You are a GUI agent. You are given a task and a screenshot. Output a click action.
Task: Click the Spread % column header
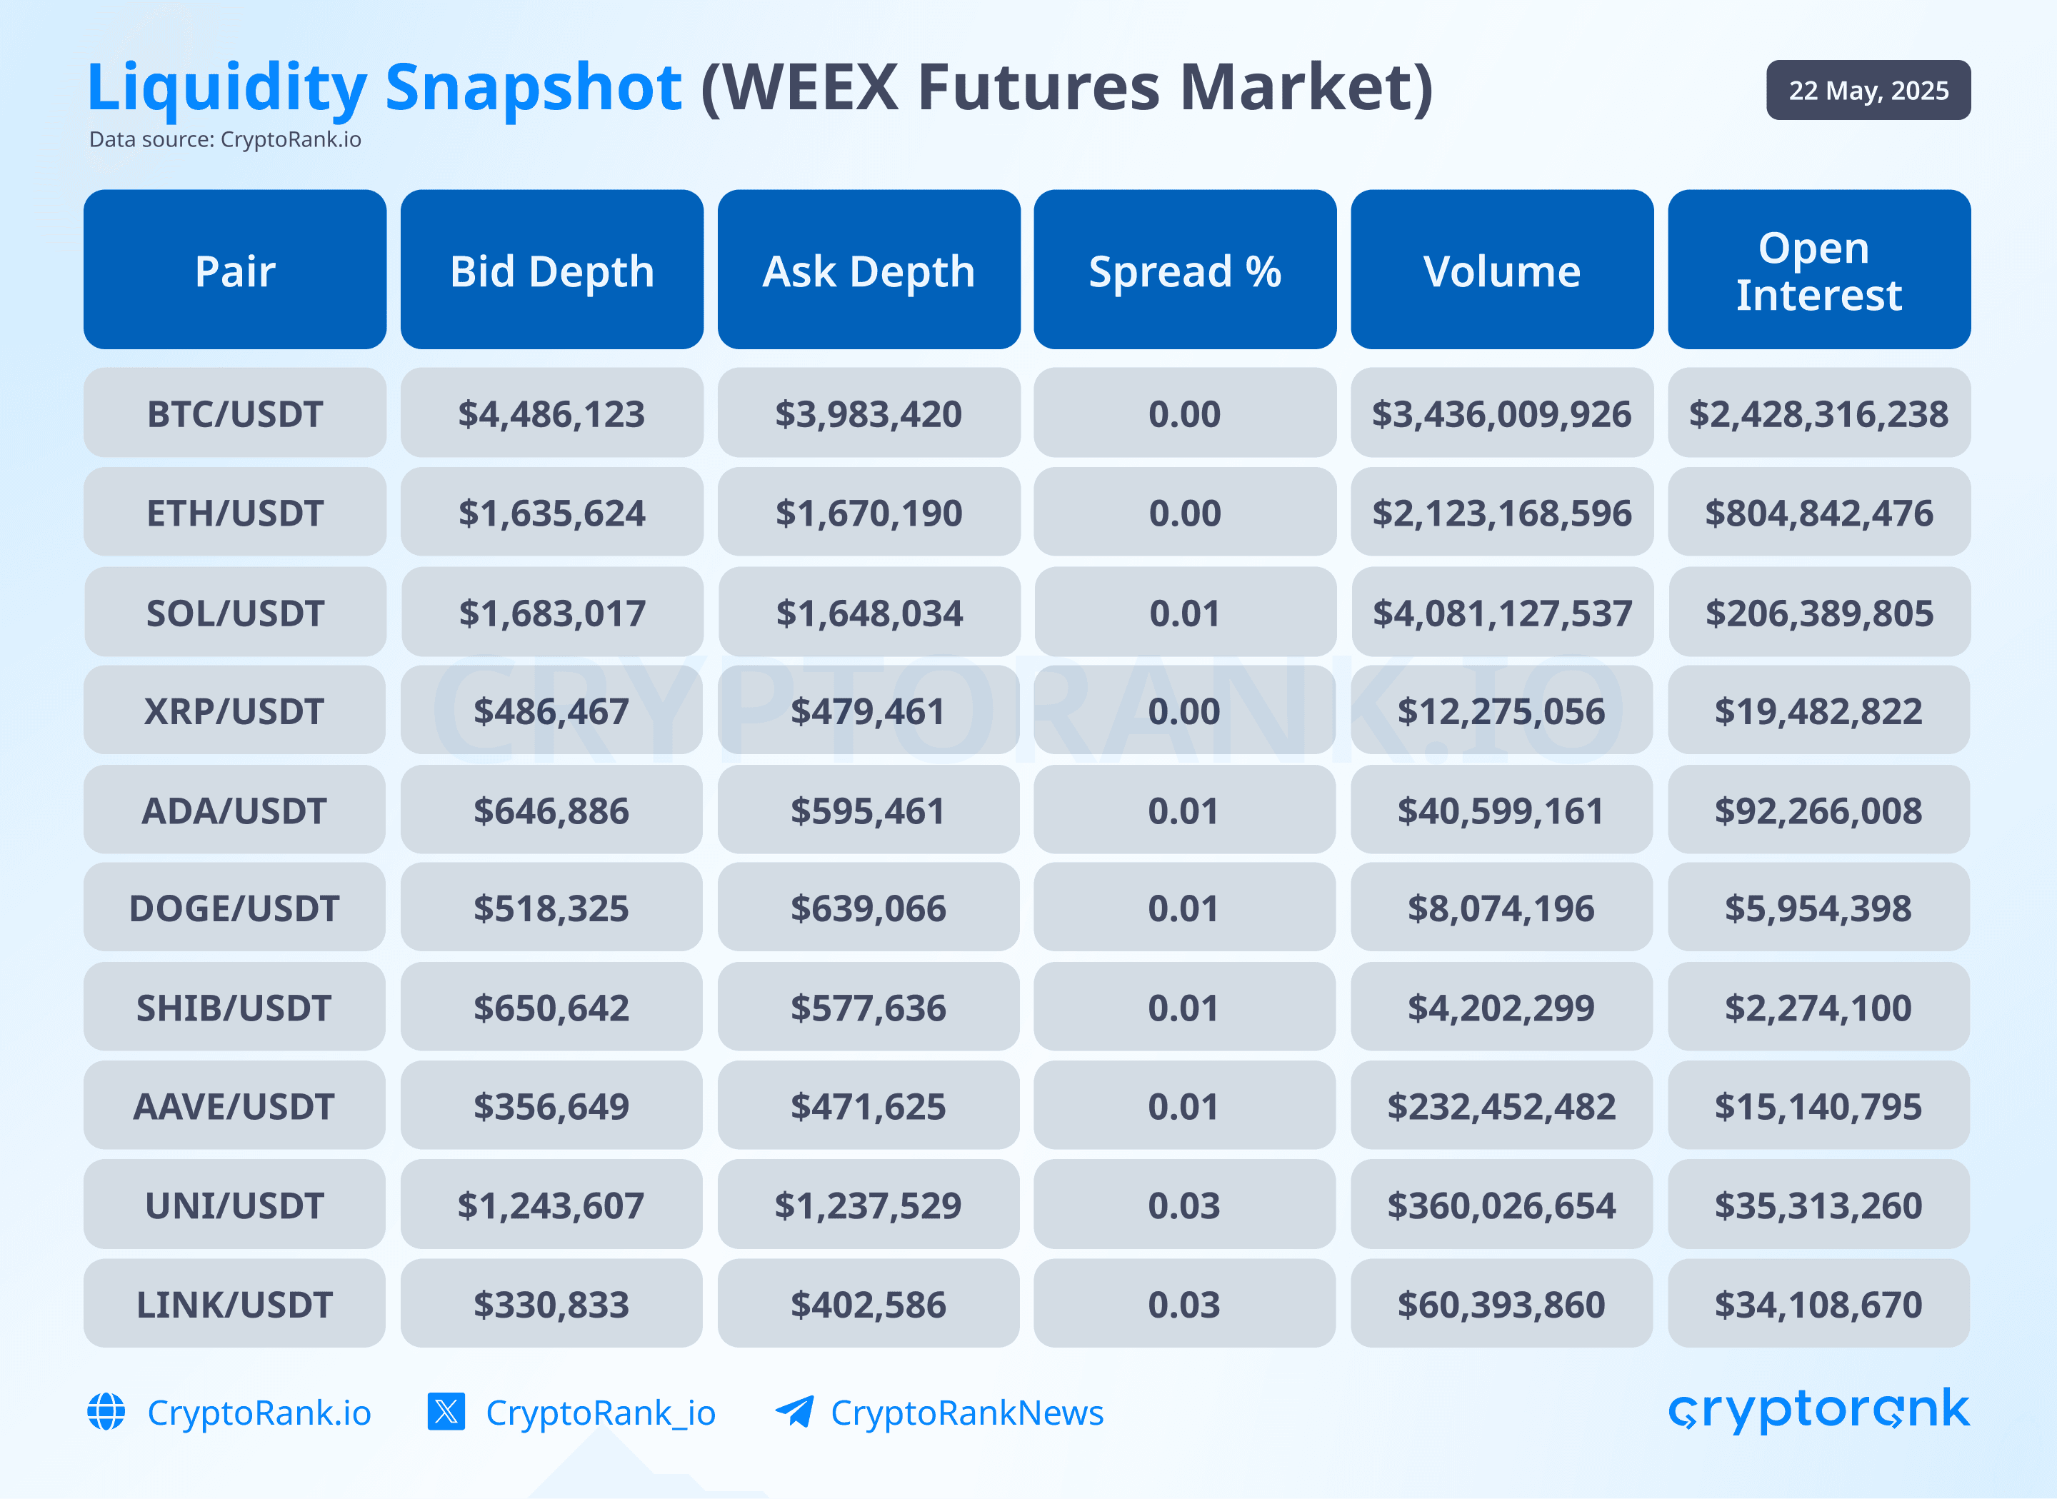point(1184,271)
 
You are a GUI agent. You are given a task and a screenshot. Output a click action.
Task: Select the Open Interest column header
point(1818,271)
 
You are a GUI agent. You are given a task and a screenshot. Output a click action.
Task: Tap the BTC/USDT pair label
point(234,413)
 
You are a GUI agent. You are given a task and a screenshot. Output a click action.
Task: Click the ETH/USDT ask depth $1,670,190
point(869,513)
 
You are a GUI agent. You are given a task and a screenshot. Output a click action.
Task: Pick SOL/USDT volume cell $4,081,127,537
point(1502,613)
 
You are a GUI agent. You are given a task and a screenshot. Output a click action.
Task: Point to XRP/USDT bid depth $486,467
point(551,711)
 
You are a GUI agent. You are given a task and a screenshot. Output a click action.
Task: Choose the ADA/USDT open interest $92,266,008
point(1818,811)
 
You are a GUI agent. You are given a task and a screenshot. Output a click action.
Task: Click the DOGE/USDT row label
point(234,908)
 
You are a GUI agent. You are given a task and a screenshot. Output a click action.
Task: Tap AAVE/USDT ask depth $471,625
point(869,1107)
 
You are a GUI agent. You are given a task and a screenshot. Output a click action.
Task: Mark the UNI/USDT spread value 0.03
point(1183,1206)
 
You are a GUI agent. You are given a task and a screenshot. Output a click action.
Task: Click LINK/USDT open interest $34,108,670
point(1818,1305)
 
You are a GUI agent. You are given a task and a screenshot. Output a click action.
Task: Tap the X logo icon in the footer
point(446,1412)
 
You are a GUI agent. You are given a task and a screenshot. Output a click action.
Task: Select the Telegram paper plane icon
point(795,1412)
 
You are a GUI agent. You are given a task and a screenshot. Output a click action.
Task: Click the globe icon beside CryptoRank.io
point(106,1412)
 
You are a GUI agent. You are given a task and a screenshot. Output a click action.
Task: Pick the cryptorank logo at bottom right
point(1818,1409)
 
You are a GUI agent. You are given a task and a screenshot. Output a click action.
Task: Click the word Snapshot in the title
point(533,88)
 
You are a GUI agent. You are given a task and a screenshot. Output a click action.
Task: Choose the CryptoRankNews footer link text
point(966,1413)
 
